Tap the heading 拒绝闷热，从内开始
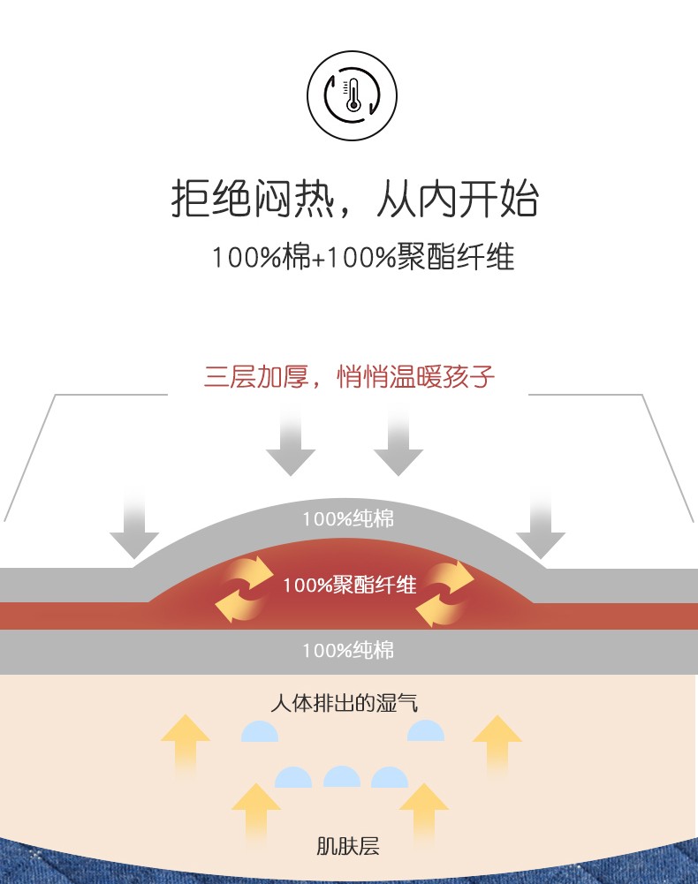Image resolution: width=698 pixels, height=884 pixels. tap(353, 199)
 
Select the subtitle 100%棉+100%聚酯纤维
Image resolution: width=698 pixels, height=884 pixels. tap(362, 258)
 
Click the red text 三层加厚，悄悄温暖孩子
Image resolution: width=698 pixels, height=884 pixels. tap(349, 377)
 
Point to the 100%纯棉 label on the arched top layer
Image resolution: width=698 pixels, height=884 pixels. tap(348, 518)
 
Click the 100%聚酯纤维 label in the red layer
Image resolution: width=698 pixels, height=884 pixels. tap(349, 585)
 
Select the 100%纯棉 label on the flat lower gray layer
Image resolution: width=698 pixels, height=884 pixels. tap(348, 651)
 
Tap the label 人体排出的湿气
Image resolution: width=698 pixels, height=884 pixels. tap(344, 704)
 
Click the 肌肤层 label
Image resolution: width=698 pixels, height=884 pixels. tap(347, 846)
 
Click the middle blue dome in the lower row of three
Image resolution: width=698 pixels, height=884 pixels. tap(342, 777)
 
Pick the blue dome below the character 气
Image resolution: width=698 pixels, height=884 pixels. tap(425, 731)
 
